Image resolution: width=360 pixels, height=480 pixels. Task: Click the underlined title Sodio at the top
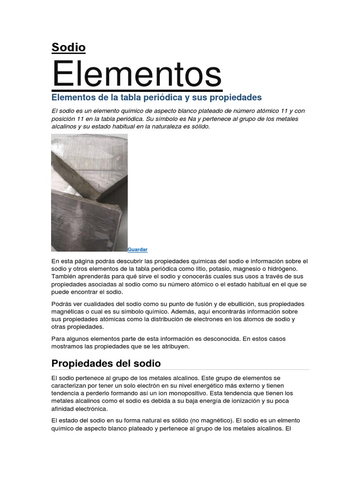68,47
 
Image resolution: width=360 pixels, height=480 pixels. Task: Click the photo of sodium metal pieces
89,193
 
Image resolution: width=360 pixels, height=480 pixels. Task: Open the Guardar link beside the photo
137,250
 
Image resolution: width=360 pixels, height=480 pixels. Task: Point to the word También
66,277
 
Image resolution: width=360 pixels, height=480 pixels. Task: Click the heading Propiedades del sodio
106,363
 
